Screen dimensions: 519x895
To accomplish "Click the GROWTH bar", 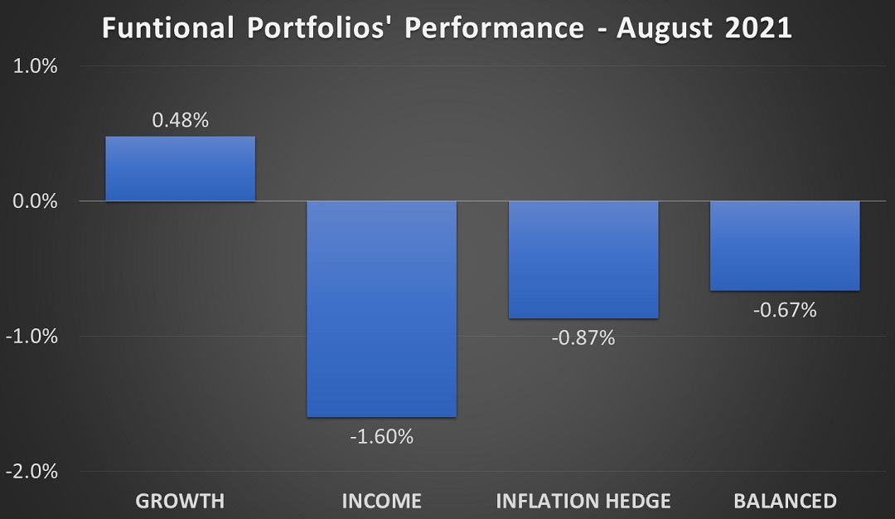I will click(x=180, y=169).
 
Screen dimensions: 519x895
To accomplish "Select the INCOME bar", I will click(x=381, y=308).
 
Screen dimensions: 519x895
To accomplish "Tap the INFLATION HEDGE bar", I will click(x=583, y=259).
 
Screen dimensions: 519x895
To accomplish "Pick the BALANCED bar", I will click(x=784, y=245).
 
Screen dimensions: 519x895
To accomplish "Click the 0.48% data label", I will click(x=180, y=120).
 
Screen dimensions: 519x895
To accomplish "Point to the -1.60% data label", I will click(x=381, y=436).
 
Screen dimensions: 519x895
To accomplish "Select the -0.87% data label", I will click(x=583, y=338).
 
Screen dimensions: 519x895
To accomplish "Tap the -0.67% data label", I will click(x=784, y=311).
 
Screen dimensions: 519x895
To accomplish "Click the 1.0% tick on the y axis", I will click(x=35, y=66).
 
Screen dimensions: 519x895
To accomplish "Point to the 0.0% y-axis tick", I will click(x=35, y=201).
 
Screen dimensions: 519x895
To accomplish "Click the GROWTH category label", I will click(x=180, y=501).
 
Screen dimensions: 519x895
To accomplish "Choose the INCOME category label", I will click(x=381, y=501).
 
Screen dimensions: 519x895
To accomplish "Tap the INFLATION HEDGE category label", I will click(x=583, y=501).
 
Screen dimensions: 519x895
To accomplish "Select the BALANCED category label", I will click(x=784, y=501).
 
